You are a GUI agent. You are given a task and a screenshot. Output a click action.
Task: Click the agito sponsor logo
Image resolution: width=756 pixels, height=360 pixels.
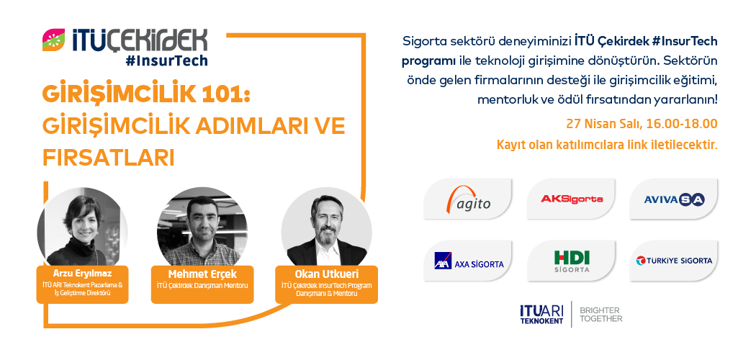click(x=468, y=199)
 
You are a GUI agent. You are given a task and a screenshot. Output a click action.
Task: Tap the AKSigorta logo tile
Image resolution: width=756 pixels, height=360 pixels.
click(x=571, y=199)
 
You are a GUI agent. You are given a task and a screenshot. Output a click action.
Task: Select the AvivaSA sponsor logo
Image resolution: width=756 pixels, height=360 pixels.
click(x=673, y=199)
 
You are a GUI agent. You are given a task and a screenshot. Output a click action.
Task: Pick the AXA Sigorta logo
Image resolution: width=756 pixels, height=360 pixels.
click(x=468, y=261)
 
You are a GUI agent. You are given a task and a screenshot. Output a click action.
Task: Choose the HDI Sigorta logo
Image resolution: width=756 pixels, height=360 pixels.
click(x=571, y=261)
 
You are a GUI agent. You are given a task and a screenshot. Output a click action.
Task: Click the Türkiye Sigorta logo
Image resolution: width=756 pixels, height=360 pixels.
click(x=673, y=261)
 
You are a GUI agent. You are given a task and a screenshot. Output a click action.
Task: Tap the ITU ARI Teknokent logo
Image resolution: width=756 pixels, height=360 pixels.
click(x=541, y=315)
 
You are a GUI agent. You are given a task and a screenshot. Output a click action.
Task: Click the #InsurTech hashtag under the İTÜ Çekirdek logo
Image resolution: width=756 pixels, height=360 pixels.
click(x=166, y=60)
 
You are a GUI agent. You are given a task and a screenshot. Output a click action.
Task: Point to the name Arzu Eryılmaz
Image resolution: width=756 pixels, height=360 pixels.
click(x=83, y=274)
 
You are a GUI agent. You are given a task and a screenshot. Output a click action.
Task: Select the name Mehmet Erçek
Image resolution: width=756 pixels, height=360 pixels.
click(x=202, y=274)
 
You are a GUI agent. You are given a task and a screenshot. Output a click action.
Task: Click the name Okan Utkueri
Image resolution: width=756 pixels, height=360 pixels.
click(x=326, y=274)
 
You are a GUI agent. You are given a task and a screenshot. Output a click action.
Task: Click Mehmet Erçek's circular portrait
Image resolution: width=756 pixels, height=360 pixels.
click(x=202, y=227)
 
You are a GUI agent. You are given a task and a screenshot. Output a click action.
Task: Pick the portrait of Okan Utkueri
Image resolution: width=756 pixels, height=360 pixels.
click(x=326, y=227)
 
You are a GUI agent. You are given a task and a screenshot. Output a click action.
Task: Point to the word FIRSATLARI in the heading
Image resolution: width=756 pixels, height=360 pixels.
click(x=108, y=158)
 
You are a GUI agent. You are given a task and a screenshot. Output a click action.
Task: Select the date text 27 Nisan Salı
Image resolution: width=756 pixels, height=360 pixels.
click(x=603, y=124)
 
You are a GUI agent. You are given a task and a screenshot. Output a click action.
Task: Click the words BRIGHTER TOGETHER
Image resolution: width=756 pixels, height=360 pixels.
click(x=600, y=315)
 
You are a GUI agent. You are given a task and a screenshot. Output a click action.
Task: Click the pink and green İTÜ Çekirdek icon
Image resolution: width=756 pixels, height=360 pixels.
click(x=53, y=40)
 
